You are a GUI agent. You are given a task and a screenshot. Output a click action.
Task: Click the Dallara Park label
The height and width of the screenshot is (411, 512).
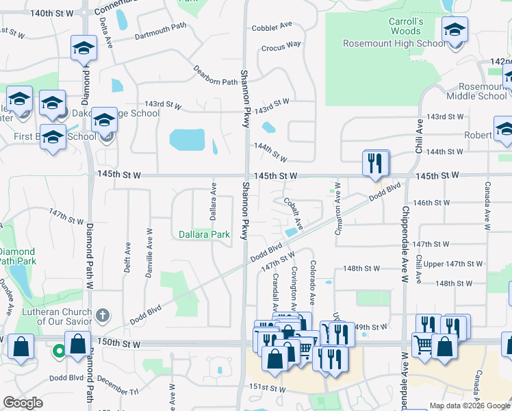[204, 234]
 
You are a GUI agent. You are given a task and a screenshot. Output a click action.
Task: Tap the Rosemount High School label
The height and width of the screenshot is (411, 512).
[394, 44]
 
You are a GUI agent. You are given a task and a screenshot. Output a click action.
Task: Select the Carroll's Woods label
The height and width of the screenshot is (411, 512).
[406, 26]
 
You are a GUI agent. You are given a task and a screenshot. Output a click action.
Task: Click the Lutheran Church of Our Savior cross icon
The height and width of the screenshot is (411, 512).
[102, 315]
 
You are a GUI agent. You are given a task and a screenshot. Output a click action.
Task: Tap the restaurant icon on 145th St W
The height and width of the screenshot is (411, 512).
[376, 164]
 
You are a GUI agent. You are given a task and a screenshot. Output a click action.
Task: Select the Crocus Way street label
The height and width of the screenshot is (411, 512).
[281, 45]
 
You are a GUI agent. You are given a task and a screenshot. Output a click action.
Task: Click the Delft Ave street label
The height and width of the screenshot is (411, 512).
[127, 255]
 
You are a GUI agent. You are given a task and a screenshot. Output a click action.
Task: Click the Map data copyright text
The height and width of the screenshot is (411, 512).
[469, 406]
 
